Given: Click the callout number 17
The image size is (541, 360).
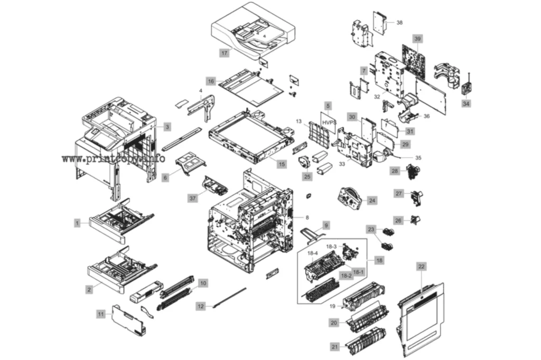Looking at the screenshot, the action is coord(224,53).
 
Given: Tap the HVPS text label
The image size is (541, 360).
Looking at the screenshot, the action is coord(329,122).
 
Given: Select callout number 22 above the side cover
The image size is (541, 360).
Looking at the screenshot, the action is coord(421,267).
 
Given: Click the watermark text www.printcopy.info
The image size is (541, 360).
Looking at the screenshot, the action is coord(114,159).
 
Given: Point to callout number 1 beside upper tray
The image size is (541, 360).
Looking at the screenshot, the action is coord(77,223).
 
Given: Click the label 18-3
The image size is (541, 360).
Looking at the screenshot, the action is coord(331,246).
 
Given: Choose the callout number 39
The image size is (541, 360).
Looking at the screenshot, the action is coord(417,39).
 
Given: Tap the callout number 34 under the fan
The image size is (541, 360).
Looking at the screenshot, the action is coord(466,103).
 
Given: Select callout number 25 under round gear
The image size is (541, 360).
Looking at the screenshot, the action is coord(307,176).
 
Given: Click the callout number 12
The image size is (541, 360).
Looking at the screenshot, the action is coord(200,306).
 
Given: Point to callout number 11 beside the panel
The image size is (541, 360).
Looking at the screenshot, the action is coord(101,314).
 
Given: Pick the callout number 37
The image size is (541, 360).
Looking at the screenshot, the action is coord(192,198).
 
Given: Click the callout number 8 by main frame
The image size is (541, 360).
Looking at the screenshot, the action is coord(307,217).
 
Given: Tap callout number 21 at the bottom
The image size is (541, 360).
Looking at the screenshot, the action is coord(334,347).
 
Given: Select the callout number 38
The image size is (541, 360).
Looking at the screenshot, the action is coord(399,22).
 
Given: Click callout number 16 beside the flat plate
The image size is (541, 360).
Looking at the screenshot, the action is coord(211,81).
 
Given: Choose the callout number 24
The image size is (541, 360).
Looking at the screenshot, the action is coord(372,201).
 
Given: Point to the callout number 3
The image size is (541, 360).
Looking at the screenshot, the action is coord(167,127).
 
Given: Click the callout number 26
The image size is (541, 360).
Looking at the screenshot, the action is coord(398,220).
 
